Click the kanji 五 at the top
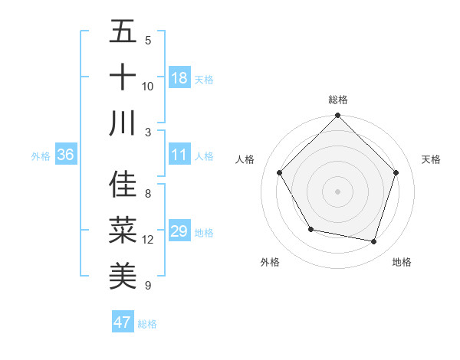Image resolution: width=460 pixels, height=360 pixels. (x=123, y=32)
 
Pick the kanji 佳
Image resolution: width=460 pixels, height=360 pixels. (x=123, y=185)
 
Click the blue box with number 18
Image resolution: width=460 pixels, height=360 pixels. (x=179, y=78)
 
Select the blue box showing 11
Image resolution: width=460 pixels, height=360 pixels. (x=179, y=155)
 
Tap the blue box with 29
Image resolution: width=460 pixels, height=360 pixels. (x=179, y=232)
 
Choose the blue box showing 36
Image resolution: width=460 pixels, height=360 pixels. (x=66, y=155)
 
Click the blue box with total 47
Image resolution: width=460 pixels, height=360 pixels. (x=123, y=322)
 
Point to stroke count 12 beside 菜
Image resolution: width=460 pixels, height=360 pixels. (x=148, y=240)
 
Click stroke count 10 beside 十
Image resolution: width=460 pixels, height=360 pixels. (x=148, y=86)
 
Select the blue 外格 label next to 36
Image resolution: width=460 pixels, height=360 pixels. (x=41, y=156)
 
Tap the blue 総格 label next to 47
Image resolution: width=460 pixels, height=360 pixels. (x=147, y=324)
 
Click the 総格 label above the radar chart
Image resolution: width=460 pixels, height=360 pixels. (x=337, y=100)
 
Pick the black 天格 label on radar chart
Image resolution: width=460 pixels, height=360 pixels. (x=431, y=159)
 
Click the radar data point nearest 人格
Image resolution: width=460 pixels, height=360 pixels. (x=280, y=173)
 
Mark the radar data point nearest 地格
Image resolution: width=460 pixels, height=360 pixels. (x=373, y=241)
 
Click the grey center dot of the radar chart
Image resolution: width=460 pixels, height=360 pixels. (x=337, y=191)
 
